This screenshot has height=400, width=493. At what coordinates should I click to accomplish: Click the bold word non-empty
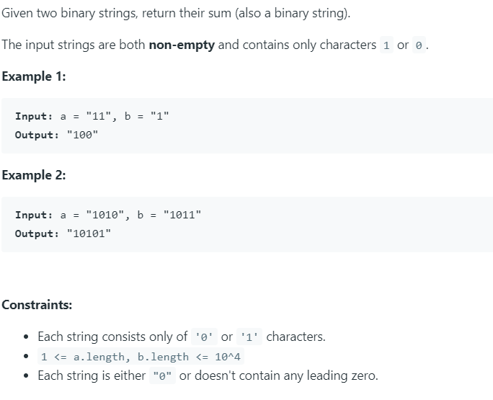(x=181, y=45)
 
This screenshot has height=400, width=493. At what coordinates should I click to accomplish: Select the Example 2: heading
(x=34, y=175)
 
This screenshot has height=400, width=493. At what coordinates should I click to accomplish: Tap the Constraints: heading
(x=37, y=304)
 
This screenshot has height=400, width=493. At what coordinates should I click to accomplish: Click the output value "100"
(x=81, y=135)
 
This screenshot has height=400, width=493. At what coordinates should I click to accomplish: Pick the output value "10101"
(x=88, y=234)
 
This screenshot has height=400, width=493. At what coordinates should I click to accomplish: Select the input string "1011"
(x=183, y=215)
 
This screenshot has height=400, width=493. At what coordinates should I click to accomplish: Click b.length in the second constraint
(x=161, y=357)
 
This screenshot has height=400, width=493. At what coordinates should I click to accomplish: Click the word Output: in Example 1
(x=37, y=135)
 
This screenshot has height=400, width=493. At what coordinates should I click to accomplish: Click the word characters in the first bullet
(x=296, y=337)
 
